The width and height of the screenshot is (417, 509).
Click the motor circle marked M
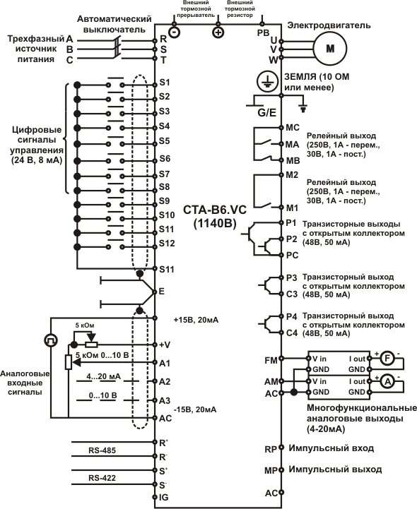coord(330,49)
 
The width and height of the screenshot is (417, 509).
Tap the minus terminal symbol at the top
coord(175,32)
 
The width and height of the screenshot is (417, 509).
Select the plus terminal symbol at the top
coord(218,32)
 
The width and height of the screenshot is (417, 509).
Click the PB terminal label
coord(263,32)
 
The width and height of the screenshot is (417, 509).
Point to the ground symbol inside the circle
coord(267,81)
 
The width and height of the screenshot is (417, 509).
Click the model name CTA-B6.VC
coord(215,210)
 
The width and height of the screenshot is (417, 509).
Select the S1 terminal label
coord(165,83)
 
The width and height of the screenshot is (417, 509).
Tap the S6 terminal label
coord(165,158)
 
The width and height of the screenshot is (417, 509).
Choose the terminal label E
coord(162,292)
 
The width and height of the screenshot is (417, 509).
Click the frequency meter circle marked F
coord(387,359)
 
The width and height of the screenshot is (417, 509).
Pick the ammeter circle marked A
coord(387,382)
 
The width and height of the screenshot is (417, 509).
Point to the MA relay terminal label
coord(292,145)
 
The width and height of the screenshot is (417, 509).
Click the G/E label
coord(267,113)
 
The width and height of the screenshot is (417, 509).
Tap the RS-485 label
coord(102,450)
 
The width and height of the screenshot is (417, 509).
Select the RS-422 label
coord(102,478)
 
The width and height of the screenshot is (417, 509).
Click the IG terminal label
coord(164,497)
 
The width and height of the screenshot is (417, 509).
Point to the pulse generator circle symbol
coord(51,340)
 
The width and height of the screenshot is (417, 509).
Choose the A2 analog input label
coord(165,381)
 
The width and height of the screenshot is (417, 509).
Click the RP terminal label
coord(271,449)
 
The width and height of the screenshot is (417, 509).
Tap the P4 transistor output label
coord(291,316)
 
